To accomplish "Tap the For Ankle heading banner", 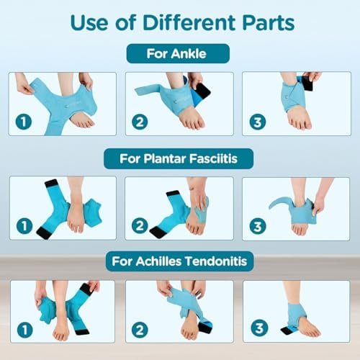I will pos(178,54).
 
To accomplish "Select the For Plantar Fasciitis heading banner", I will pos(178,158).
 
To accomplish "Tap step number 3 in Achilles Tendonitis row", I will pos(256,328).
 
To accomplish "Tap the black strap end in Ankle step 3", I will pos(308,83).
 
